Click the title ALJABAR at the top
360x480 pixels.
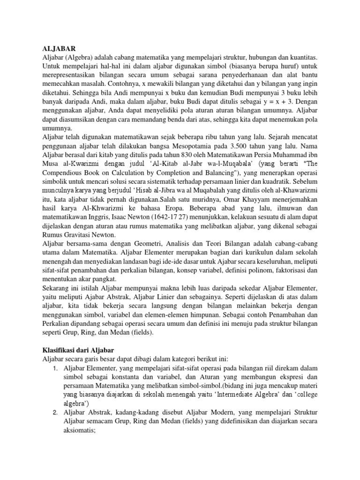59,48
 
